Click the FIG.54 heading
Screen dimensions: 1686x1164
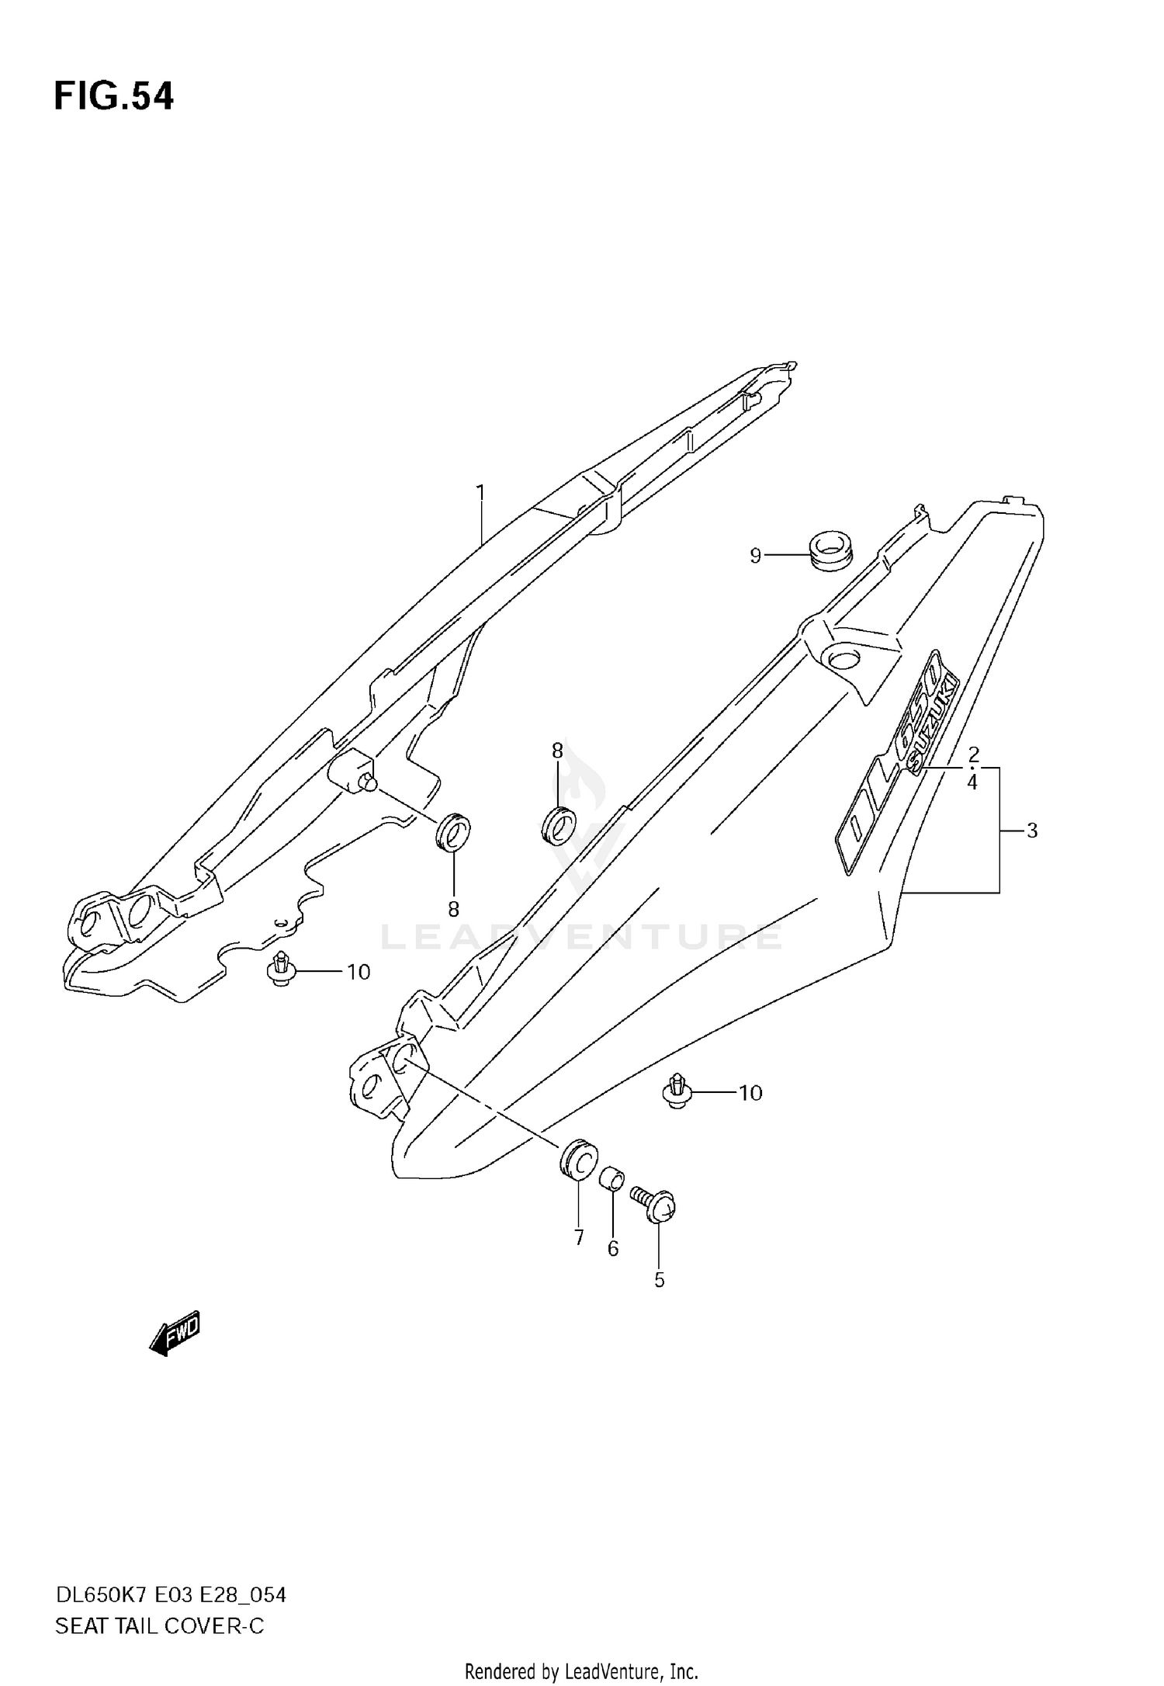[114, 97]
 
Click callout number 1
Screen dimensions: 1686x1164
[480, 492]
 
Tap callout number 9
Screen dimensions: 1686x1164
[755, 556]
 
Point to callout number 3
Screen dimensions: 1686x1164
[1031, 831]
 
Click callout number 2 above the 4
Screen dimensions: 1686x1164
[973, 754]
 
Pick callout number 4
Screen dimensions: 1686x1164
[972, 782]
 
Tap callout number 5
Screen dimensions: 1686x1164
[659, 1280]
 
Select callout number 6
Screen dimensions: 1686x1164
[612, 1248]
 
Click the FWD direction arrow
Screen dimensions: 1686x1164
[175, 1333]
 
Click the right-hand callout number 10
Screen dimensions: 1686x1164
[750, 1093]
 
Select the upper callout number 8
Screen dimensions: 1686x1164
[557, 751]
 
